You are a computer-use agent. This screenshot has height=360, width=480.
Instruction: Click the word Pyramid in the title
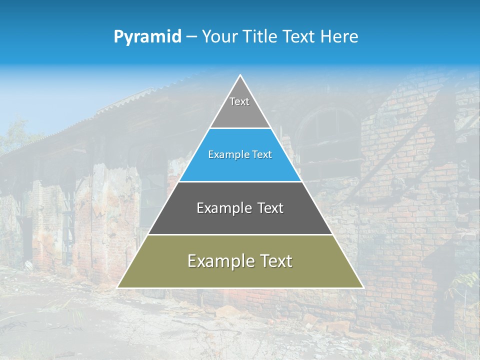point(147,37)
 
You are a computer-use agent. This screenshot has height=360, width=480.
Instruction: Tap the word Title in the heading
point(261,36)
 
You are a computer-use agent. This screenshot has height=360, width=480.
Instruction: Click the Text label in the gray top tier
point(239,101)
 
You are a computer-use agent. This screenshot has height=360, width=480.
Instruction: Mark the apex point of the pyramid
point(240,75)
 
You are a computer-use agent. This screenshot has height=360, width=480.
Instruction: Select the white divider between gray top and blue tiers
point(240,128)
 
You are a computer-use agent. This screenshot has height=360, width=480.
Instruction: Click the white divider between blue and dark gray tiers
point(240,181)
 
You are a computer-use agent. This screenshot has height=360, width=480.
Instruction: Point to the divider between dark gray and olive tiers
point(240,234)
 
